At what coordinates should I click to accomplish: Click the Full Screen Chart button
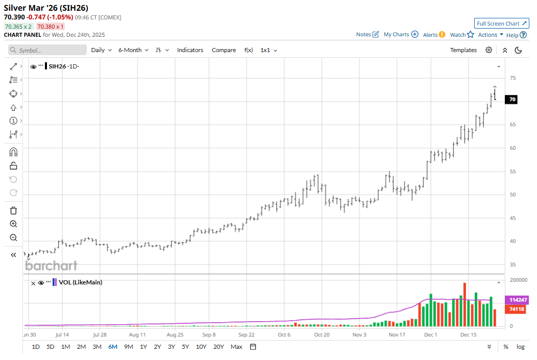(x=501, y=23)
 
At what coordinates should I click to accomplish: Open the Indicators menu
(x=190, y=50)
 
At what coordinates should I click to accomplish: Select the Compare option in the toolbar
(x=224, y=50)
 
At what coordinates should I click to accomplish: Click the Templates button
(x=463, y=50)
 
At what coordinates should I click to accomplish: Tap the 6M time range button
(x=112, y=347)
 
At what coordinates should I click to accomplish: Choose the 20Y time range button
(x=218, y=347)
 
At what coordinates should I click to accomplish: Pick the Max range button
(x=236, y=347)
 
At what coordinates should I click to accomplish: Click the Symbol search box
(x=47, y=50)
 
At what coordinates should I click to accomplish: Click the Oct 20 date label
(x=322, y=335)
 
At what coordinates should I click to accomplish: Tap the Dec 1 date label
(x=430, y=335)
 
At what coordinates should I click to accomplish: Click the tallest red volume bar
(x=465, y=304)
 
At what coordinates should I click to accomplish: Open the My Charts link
(x=401, y=35)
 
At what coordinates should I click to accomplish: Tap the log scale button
(x=520, y=347)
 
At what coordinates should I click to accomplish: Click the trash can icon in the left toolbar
(x=13, y=210)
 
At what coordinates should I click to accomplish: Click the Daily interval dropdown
(x=101, y=50)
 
